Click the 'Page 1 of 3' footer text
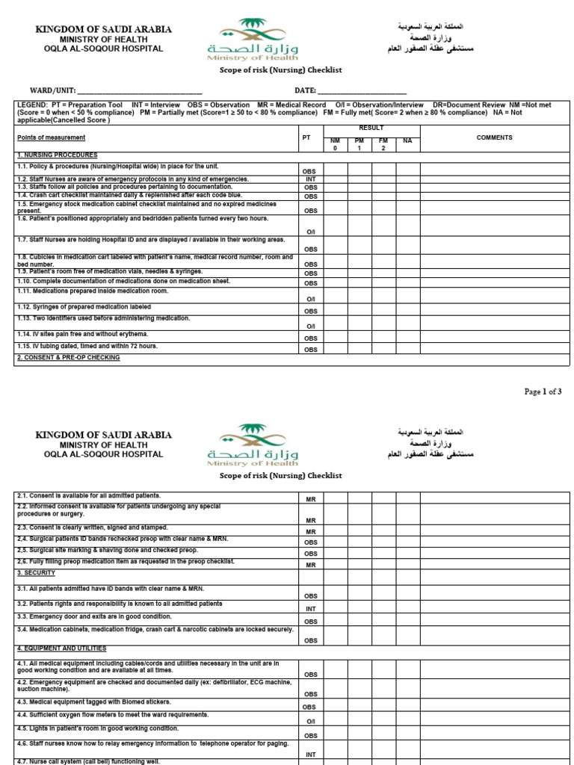click(x=543, y=391)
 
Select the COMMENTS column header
click(x=494, y=137)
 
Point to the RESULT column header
click(x=371, y=128)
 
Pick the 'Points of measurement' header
click(x=51, y=137)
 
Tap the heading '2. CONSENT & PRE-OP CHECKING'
click(x=68, y=358)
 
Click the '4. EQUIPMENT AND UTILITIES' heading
click(x=61, y=648)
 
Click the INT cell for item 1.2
click(x=310, y=179)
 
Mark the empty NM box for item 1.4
click(x=335, y=196)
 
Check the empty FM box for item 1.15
click(x=383, y=348)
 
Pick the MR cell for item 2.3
click(x=310, y=531)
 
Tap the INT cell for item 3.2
click(x=310, y=608)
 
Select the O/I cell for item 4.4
click(x=310, y=722)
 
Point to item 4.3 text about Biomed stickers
click(x=93, y=702)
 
